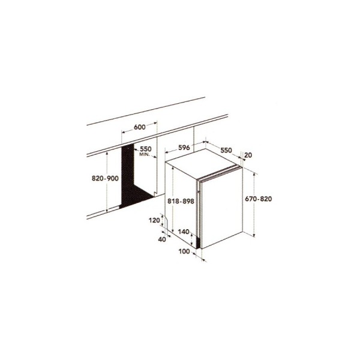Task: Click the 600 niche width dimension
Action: coord(140,127)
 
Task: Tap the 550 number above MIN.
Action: coord(146,149)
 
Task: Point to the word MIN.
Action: coord(145,154)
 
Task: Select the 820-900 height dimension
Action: coord(105,178)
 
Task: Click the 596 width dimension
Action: coord(184,148)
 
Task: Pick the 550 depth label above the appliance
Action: coord(226,150)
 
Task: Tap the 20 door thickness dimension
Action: coord(248,155)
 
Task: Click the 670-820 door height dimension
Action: coord(258,199)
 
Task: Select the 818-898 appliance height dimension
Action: coord(181,201)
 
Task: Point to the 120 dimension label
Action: coord(154,220)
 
